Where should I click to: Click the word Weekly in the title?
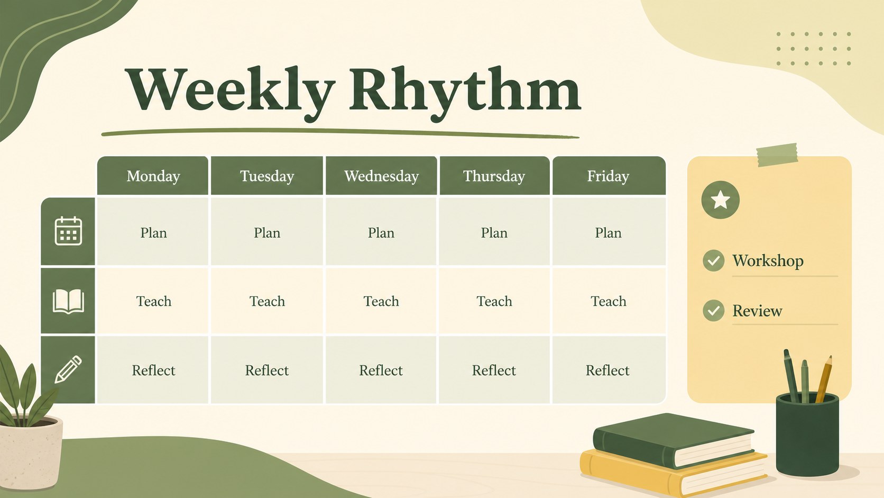230,92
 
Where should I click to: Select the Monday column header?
153,176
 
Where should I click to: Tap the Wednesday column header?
381,176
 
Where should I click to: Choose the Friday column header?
609,176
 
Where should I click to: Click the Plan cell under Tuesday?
267,232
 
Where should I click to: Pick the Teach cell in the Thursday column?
494,301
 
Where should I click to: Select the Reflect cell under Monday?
153,370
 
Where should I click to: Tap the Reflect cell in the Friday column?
609,370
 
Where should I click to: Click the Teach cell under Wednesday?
381,301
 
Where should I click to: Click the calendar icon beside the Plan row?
68,231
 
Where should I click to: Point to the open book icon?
68,301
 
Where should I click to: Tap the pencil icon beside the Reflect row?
68,369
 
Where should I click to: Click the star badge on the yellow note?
720,200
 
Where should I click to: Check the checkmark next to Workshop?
714,261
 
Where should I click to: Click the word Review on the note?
757,311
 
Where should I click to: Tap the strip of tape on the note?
777,155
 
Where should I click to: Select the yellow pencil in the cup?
824,379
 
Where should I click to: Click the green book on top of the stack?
674,440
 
